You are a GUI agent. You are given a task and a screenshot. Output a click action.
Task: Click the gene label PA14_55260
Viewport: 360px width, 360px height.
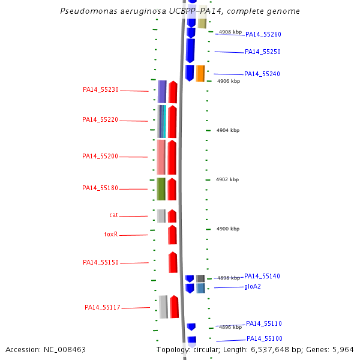coord(263,34)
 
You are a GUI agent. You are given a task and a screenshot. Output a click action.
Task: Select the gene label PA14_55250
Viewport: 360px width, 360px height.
coord(263,52)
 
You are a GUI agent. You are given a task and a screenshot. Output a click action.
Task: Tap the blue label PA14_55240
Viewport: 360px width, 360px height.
coord(262,74)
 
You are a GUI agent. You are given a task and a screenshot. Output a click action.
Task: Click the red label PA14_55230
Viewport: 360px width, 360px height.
coord(101,90)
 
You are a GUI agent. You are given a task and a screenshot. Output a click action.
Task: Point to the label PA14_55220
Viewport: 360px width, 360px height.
coord(100,120)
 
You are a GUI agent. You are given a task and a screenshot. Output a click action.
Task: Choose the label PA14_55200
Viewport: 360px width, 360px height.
coord(100,157)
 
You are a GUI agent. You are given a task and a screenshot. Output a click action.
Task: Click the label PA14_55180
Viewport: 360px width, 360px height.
coord(100,188)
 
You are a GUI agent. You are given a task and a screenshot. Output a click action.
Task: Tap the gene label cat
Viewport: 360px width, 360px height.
coord(113,215)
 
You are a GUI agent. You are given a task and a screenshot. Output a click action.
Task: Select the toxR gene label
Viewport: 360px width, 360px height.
coord(111,235)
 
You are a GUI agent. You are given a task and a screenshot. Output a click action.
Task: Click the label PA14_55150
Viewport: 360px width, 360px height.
coord(101,263)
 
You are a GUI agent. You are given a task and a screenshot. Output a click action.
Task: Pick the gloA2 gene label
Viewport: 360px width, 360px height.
coord(253,287)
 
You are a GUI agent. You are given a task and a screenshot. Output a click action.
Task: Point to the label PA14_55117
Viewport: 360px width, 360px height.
coord(103,308)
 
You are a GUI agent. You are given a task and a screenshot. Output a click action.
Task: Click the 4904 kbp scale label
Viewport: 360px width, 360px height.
coord(228,130)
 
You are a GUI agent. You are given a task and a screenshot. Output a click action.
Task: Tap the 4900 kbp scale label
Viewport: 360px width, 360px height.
coord(228,229)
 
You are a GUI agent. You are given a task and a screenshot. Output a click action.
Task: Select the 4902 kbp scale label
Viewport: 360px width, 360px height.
coord(227,179)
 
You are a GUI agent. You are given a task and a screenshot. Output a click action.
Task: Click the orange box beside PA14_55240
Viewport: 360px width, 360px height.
coord(200,73)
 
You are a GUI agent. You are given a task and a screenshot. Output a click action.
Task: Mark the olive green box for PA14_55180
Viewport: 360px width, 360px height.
coord(161,188)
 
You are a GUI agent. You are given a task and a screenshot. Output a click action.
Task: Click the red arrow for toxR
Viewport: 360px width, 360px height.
coord(172,235)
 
